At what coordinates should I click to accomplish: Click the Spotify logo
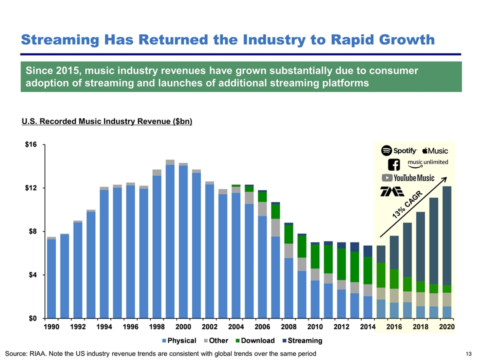[399, 150]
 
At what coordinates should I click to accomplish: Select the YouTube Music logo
[408, 177]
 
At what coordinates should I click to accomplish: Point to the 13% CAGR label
[407, 205]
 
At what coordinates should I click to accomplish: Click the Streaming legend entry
[302, 340]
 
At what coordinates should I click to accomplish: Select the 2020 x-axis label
[446, 327]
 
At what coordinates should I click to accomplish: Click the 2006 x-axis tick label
[261, 327]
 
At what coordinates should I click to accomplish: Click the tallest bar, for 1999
[170, 240]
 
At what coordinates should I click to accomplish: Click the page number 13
[468, 354]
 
